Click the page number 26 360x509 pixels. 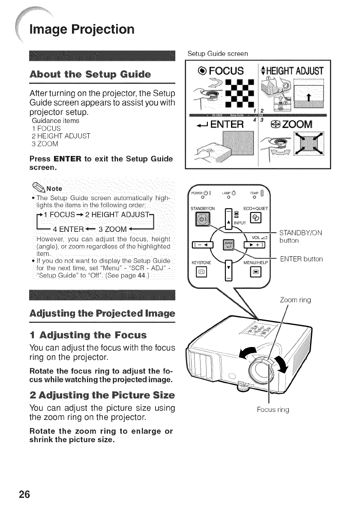(24, 494)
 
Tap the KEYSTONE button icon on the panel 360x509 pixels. (200, 272)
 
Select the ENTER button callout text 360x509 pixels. (302, 259)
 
